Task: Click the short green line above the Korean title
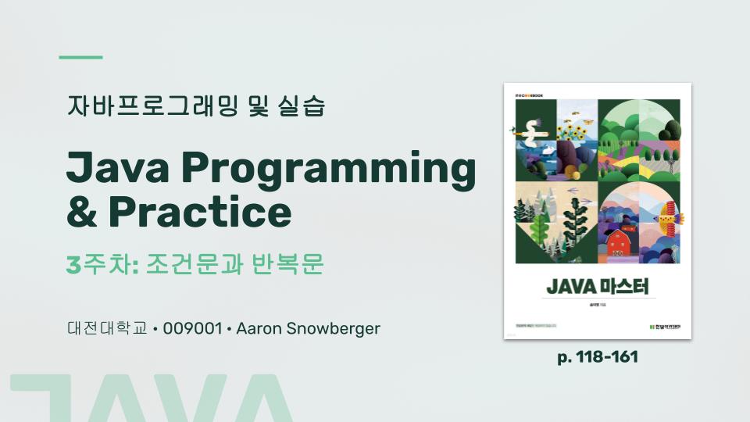pyautogui.click(x=81, y=57)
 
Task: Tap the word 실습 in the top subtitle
pyautogui.click(x=301, y=105)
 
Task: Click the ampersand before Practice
pyautogui.click(x=82, y=210)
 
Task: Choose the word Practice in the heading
pyautogui.click(x=199, y=210)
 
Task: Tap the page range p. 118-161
pyautogui.click(x=598, y=357)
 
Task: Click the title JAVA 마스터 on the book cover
pyautogui.click(x=598, y=287)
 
